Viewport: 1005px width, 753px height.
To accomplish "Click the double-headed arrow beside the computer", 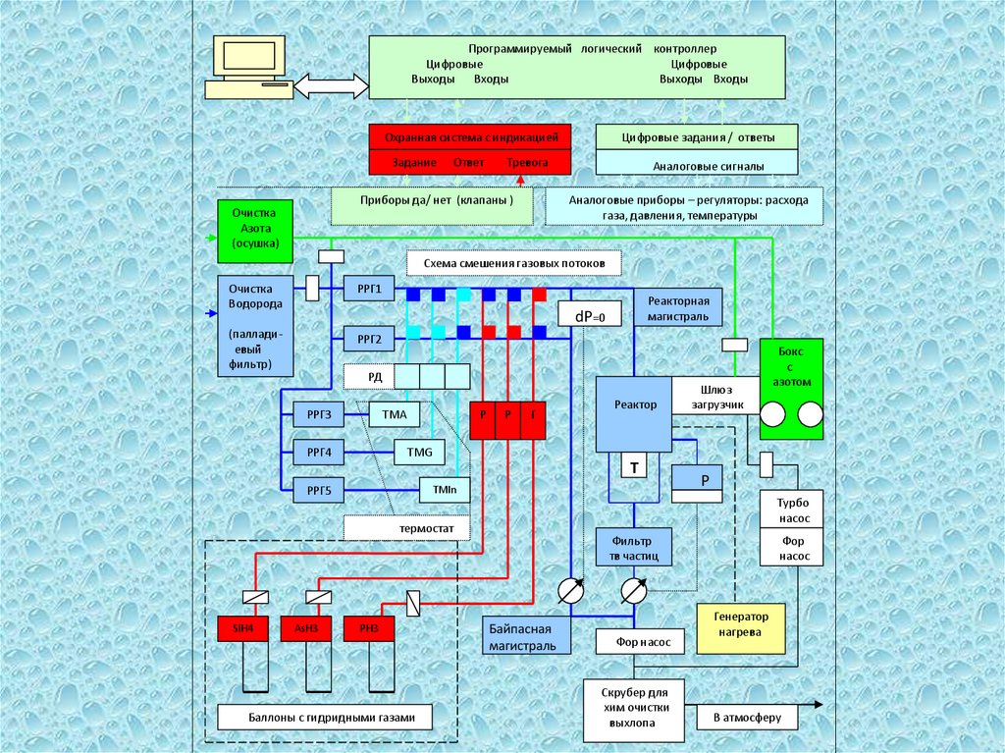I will [x=328, y=85].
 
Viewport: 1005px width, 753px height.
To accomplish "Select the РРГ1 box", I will [x=369, y=289].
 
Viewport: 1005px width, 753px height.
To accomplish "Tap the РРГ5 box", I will [x=319, y=488].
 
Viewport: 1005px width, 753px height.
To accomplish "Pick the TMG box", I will [x=419, y=453].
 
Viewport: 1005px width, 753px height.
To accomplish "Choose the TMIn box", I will [x=445, y=488].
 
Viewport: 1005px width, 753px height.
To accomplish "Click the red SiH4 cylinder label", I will [x=241, y=628].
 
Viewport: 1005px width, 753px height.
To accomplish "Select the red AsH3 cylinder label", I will [x=305, y=628].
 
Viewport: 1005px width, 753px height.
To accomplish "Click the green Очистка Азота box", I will [x=254, y=228].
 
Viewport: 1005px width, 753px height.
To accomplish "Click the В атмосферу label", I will [x=747, y=718].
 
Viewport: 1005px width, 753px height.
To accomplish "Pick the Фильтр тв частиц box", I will [x=634, y=548].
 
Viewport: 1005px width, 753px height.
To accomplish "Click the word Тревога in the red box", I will [x=527, y=162].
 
